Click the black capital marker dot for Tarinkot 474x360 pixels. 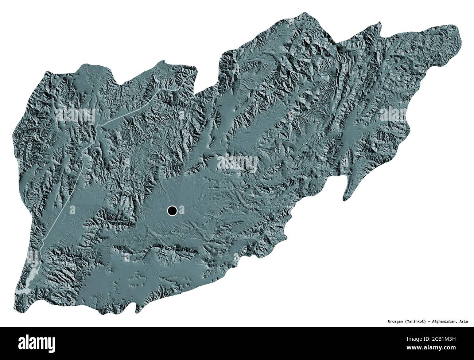click(x=172, y=210)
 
